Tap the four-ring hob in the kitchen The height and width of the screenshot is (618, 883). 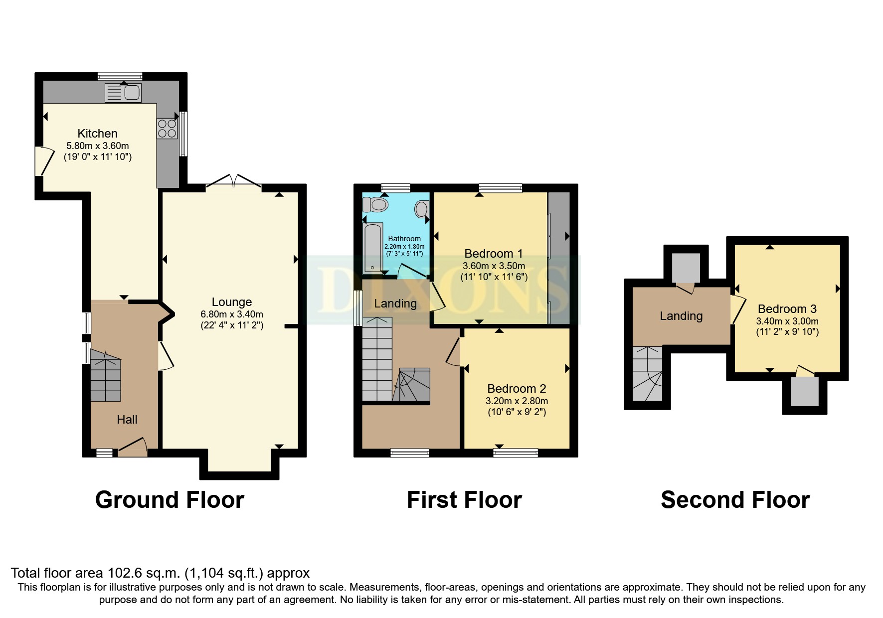[x=167, y=128]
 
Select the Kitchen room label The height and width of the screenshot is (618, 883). [x=98, y=134]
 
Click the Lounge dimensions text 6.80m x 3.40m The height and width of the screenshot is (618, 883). [x=232, y=314]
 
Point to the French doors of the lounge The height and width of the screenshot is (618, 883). [x=234, y=182]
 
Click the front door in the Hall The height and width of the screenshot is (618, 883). [x=133, y=447]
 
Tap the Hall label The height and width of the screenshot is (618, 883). [x=127, y=420]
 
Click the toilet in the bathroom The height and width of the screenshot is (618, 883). [x=376, y=204]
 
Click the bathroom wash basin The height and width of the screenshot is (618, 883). [x=422, y=209]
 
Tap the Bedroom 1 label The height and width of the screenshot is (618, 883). [x=494, y=254]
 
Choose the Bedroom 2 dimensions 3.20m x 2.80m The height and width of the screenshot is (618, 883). [x=517, y=401]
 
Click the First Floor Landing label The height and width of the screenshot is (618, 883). [x=395, y=304]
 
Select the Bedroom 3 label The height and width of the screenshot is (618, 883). [x=787, y=309]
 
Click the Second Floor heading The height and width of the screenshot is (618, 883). [x=735, y=500]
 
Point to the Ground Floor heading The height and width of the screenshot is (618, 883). [x=170, y=500]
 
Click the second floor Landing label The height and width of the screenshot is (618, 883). [x=681, y=316]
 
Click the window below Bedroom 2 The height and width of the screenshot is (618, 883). [x=516, y=453]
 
